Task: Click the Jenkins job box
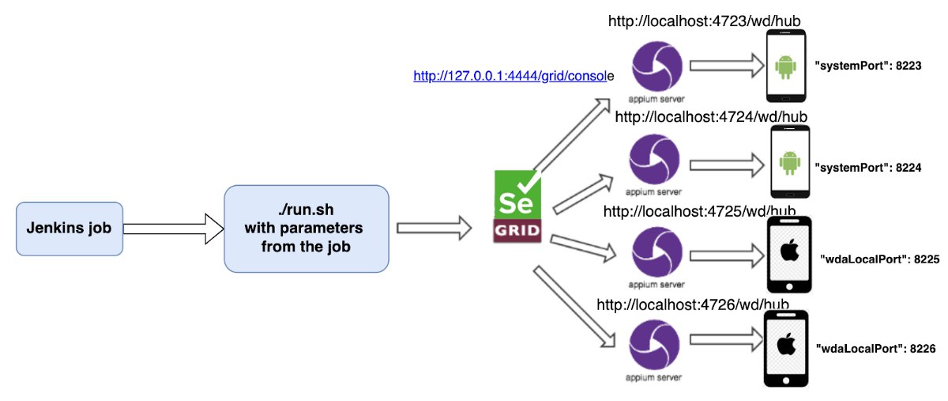(x=70, y=229)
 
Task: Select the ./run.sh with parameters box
(x=307, y=229)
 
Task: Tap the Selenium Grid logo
(x=517, y=206)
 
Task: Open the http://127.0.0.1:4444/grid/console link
(x=513, y=77)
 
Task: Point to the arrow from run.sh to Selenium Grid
(x=433, y=229)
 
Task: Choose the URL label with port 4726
(x=693, y=305)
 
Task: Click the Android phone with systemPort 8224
(x=788, y=162)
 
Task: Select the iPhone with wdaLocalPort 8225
(x=788, y=254)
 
